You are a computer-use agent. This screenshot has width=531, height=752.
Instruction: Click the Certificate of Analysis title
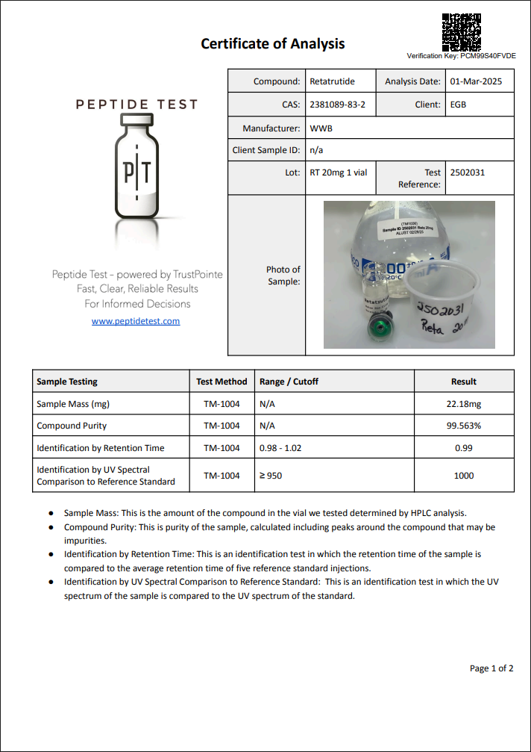[x=272, y=43]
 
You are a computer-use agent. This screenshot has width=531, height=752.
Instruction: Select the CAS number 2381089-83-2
[x=337, y=105]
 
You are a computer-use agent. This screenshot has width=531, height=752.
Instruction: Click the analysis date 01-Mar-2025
[x=476, y=81]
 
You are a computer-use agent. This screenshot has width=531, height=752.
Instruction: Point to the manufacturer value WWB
[x=321, y=128]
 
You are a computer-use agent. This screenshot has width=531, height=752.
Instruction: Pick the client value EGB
[x=458, y=105]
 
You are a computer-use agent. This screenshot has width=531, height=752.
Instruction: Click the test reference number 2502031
[x=467, y=173]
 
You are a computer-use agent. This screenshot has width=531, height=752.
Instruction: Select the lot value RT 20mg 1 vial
[x=338, y=173]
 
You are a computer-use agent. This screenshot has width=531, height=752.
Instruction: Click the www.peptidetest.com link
[x=136, y=321]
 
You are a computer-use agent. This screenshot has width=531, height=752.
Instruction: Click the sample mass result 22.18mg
[x=463, y=404]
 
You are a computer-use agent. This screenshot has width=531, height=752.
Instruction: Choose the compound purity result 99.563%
[x=463, y=426]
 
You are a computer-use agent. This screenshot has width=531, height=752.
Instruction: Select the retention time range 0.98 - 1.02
[x=280, y=448]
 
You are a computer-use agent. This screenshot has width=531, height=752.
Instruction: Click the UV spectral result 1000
[x=463, y=476]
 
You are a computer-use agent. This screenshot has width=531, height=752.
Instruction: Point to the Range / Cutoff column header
[x=289, y=382]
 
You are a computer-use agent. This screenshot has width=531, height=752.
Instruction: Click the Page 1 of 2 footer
[x=491, y=668]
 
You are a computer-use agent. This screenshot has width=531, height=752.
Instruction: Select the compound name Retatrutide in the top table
[x=332, y=81]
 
